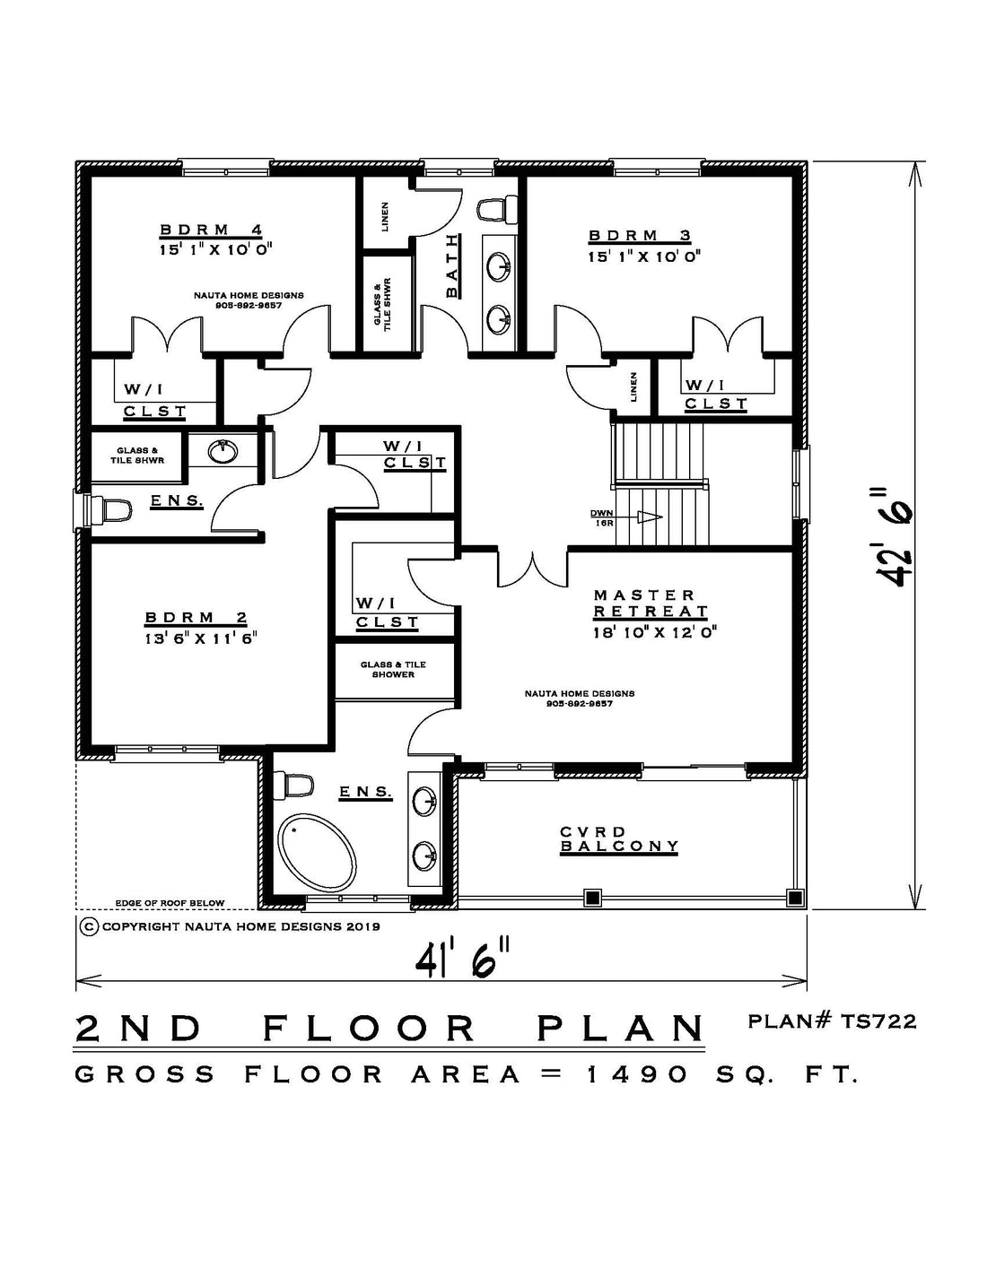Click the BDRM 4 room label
[x=212, y=230]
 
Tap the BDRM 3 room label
[x=640, y=236]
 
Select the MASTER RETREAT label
[x=651, y=604]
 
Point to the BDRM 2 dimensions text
[x=201, y=638]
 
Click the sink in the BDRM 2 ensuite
[x=223, y=451]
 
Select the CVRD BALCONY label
[x=619, y=839]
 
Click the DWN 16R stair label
[x=601, y=517]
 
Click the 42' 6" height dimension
[x=895, y=536]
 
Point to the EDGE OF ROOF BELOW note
[x=170, y=903]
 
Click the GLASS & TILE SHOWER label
[x=393, y=669]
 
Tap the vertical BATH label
[x=451, y=265]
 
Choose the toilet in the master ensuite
[x=298, y=786]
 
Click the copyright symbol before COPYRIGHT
[x=89, y=926]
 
